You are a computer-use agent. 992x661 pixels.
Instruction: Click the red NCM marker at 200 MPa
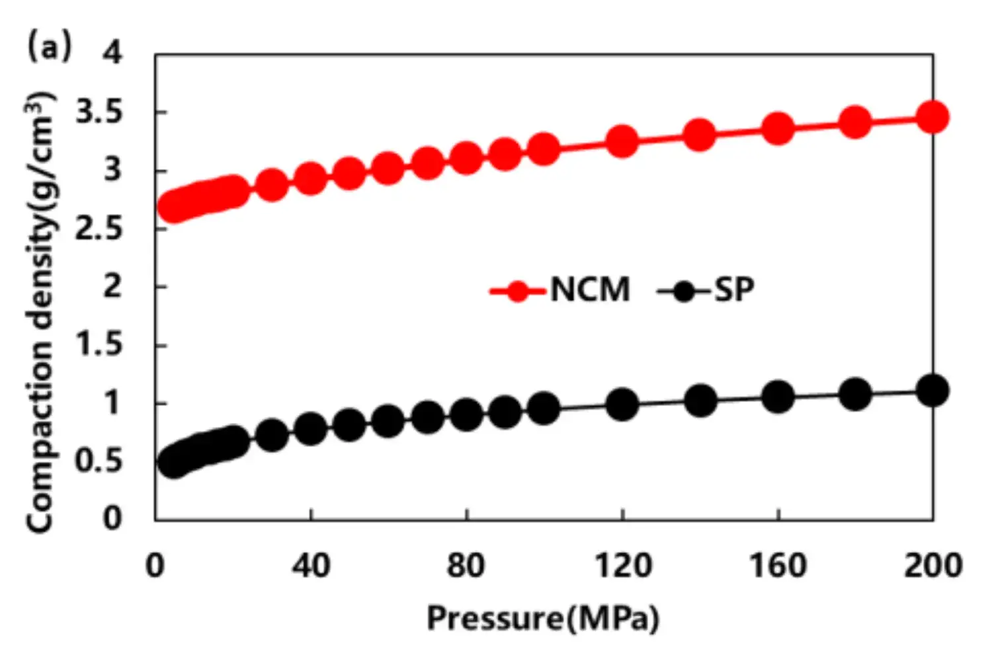click(x=932, y=118)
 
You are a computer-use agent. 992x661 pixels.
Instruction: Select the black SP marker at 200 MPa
click(x=932, y=390)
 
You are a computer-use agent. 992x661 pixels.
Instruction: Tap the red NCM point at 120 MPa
click(x=622, y=141)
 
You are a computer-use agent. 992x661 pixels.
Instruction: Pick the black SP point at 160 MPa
click(x=778, y=397)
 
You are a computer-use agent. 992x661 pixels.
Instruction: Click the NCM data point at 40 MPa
click(x=310, y=178)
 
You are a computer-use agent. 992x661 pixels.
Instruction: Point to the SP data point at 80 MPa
click(x=466, y=414)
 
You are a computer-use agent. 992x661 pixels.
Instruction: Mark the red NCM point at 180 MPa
click(x=855, y=122)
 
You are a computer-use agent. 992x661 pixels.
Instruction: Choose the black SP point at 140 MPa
click(x=700, y=401)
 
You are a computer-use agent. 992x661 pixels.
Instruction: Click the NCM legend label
click(x=590, y=290)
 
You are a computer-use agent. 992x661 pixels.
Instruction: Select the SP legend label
click(x=734, y=290)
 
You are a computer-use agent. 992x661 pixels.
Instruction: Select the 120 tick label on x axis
click(x=622, y=566)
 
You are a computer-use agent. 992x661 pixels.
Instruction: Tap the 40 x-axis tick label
click(x=310, y=566)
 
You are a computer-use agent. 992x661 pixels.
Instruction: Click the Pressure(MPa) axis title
click(x=543, y=619)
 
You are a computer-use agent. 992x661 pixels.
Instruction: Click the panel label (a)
click(x=48, y=48)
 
